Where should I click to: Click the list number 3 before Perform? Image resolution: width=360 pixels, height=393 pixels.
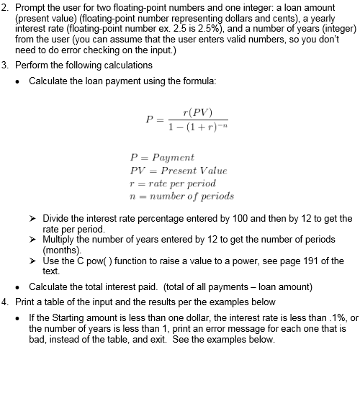[x=5, y=65]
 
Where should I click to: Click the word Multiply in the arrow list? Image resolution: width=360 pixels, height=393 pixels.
[x=59, y=238]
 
